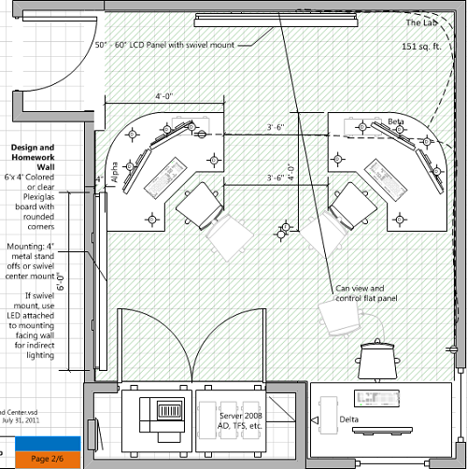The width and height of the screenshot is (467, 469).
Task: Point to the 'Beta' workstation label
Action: [395, 122]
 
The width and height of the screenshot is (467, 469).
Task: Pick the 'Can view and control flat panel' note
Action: [365, 294]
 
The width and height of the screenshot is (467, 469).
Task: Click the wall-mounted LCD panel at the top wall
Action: [237, 20]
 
